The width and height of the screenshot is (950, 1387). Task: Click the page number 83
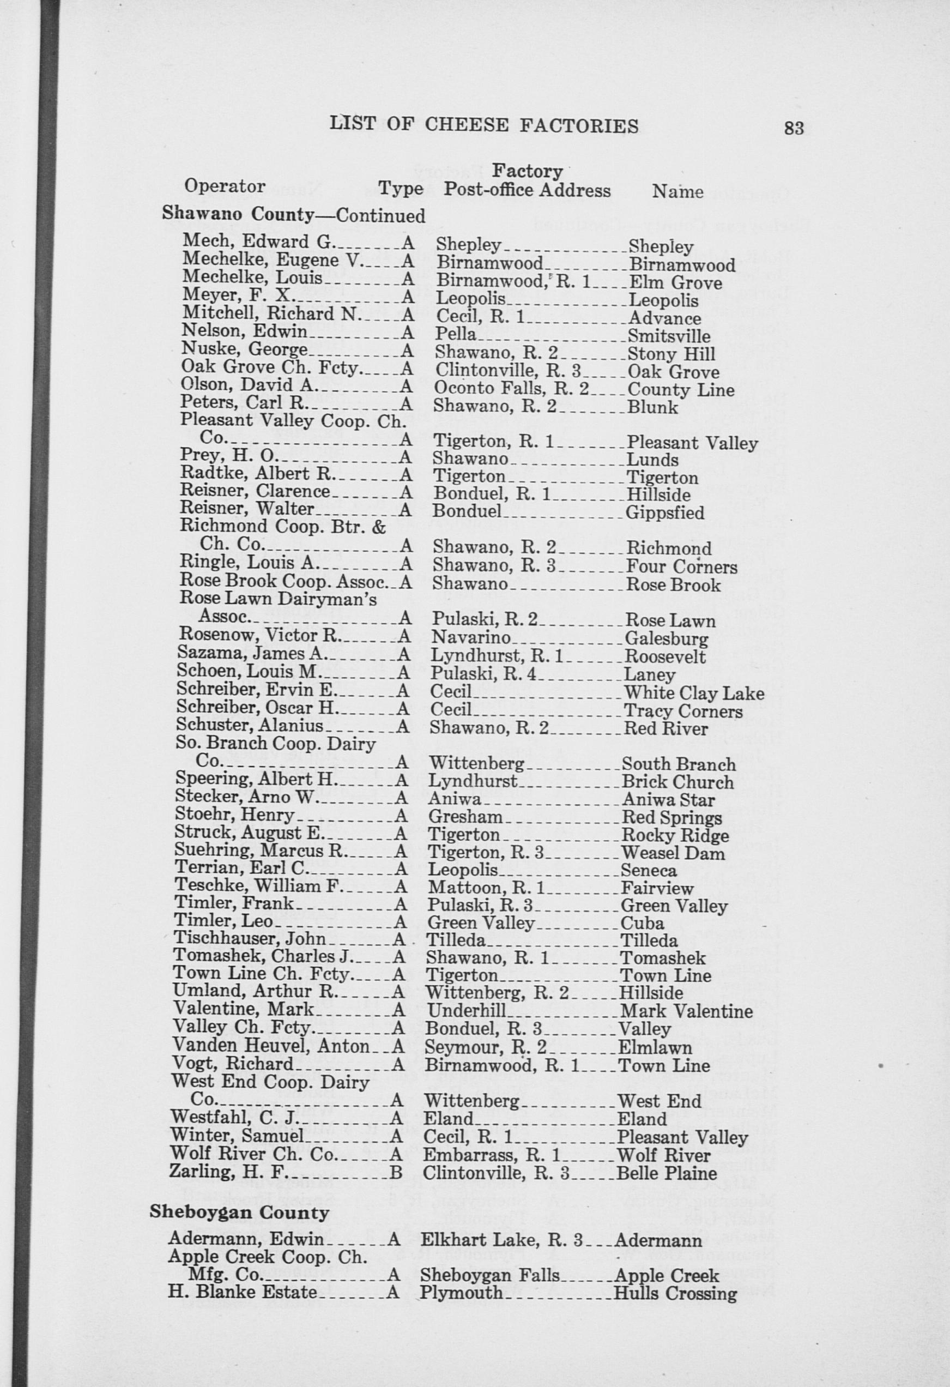794,128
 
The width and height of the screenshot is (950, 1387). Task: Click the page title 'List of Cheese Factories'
484,125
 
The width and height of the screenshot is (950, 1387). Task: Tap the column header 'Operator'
225,186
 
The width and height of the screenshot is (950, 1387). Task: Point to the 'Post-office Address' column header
527,190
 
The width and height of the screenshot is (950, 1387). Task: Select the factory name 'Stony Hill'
671,354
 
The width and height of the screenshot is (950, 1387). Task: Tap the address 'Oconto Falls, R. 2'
511,389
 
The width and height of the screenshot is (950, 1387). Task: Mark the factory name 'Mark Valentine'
686,1011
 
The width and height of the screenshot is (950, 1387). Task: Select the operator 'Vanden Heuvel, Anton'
271,1046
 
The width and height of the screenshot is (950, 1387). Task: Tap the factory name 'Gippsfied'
665,512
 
